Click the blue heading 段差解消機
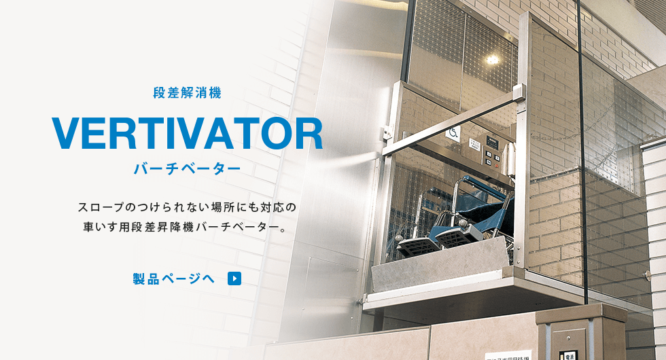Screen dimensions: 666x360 tap(188, 92)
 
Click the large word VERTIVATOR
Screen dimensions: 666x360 tap(188, 133)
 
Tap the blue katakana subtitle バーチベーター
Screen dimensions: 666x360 tap(188, 168)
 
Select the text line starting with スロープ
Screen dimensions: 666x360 tap(187, 208)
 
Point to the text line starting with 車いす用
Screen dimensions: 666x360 tap(184, 228)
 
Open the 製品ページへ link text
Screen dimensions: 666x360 tap(174, 279)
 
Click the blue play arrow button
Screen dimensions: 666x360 tap(234, 278)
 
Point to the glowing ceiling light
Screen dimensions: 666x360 tap(492, 60)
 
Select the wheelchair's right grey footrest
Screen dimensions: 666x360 tap(455, 236)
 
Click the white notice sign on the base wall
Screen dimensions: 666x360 tap(508, 355)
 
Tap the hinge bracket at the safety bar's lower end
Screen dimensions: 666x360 tap(387, 132)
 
